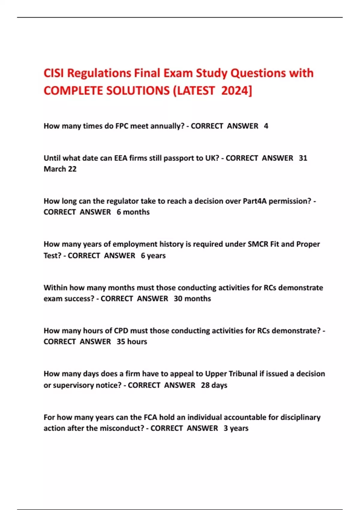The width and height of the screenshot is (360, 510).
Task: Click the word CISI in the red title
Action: tap(54, 73)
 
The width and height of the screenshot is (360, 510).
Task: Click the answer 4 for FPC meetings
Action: tap(266, 126)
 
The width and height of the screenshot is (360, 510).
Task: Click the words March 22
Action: tap(60, 169)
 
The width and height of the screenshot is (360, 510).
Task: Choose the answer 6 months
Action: tap(133, 212)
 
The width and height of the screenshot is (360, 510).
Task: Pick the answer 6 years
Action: tap(153, 256)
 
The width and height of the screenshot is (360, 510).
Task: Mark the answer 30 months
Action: tap(192, 299)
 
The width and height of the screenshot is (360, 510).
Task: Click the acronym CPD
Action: tap(121, 331)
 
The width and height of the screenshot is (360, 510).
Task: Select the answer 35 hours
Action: tap(132, 342)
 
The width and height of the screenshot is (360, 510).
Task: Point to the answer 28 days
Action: tap(214, 385)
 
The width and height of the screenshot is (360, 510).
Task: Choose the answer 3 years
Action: tap(236, 428)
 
